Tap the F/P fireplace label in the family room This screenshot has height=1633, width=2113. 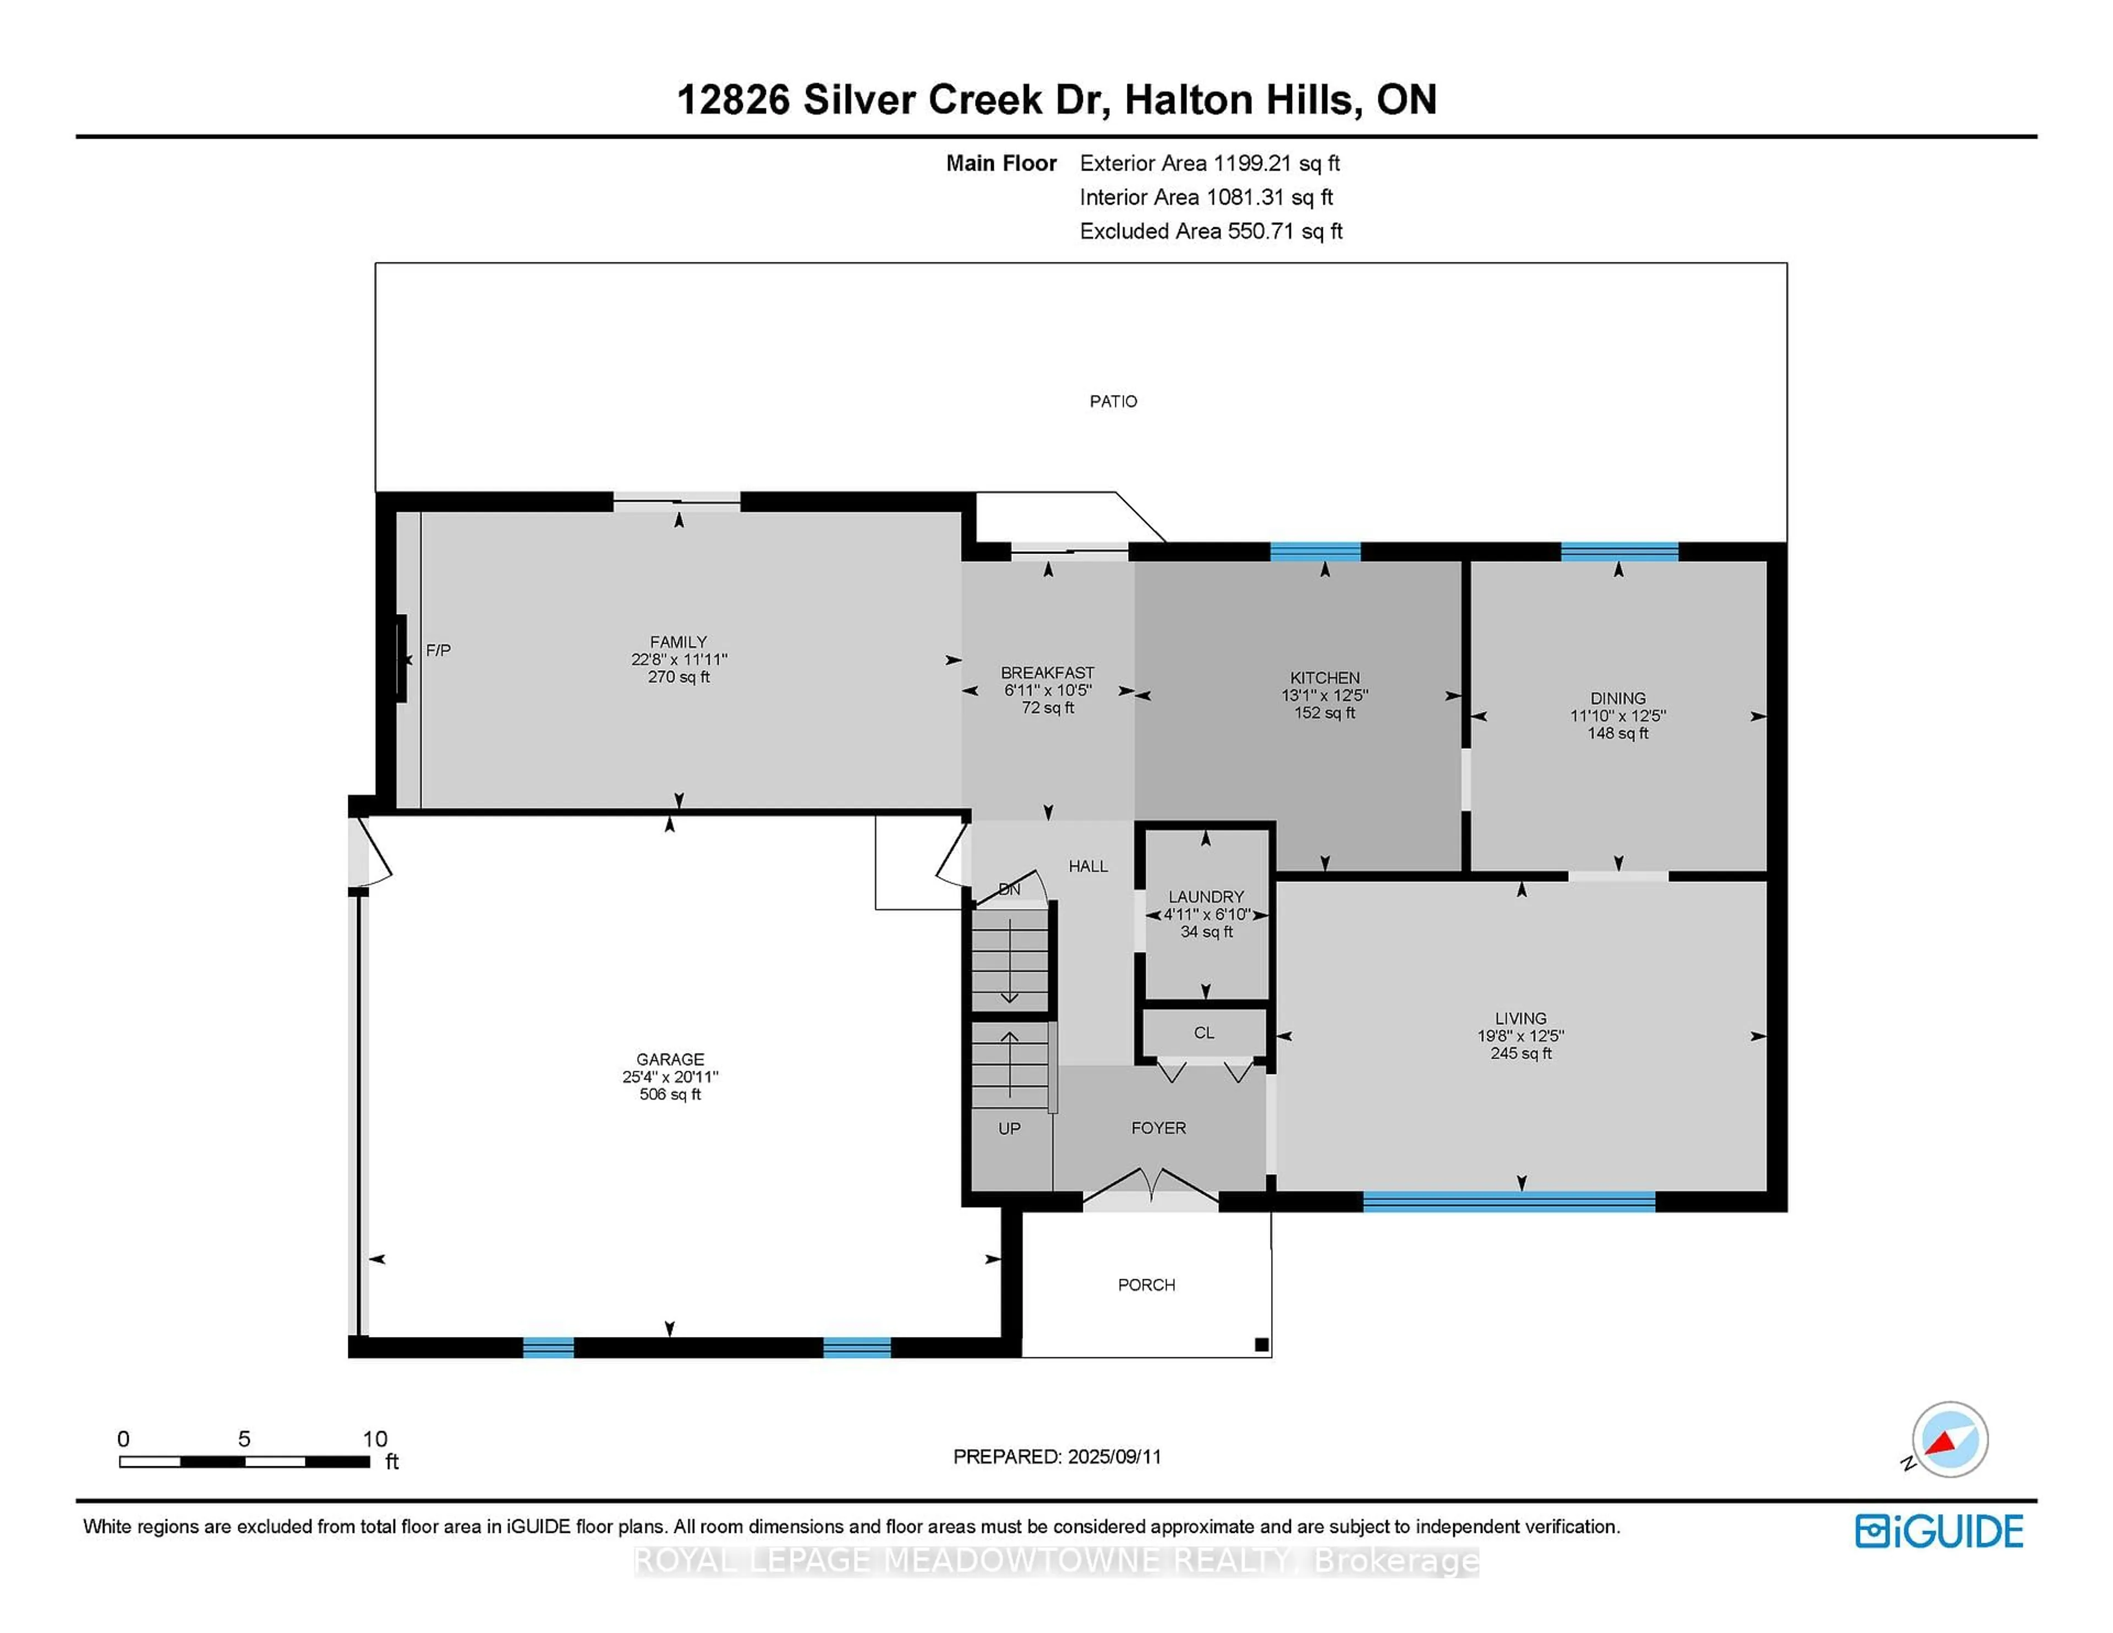pos(438,651)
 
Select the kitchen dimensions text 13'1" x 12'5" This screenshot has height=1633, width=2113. pos(1324,695)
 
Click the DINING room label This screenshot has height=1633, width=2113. pos(1618,698)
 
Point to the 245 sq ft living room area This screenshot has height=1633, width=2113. pos(1521,1054)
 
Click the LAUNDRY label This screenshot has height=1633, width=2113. pos(1206,897)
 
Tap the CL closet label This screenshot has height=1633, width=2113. pos(1203,1033)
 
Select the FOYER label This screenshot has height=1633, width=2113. pos(1158,1128)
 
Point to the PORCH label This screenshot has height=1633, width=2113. pos(1147,1285)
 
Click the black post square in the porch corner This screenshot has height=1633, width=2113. pos(1261,1345)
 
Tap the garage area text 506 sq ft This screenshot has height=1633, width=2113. pos(670,1095)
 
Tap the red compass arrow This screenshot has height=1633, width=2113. pos(1943,1443)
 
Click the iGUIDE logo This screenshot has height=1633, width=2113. pos(1939,1531)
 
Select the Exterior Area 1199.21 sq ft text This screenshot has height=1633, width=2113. pos(1209,163)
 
